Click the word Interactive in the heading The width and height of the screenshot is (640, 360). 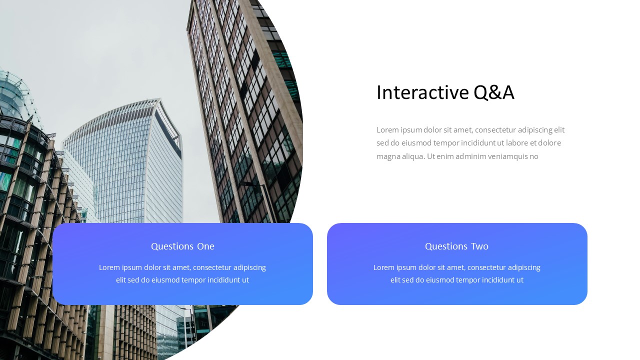click(x=422, y=92)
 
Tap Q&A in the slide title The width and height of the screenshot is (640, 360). click(x=494, y=92)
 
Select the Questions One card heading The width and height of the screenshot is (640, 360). click(x=182, y=246)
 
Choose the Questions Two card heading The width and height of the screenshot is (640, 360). click(x=456, y=246)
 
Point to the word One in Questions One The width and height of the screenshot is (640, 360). click(x=205, y=246)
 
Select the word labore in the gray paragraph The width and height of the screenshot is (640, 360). click(x=517, y=143)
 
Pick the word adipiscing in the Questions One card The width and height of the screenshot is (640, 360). click(x=249, y=267)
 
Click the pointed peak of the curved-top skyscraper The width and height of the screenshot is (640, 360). click(x=159, y=99)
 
